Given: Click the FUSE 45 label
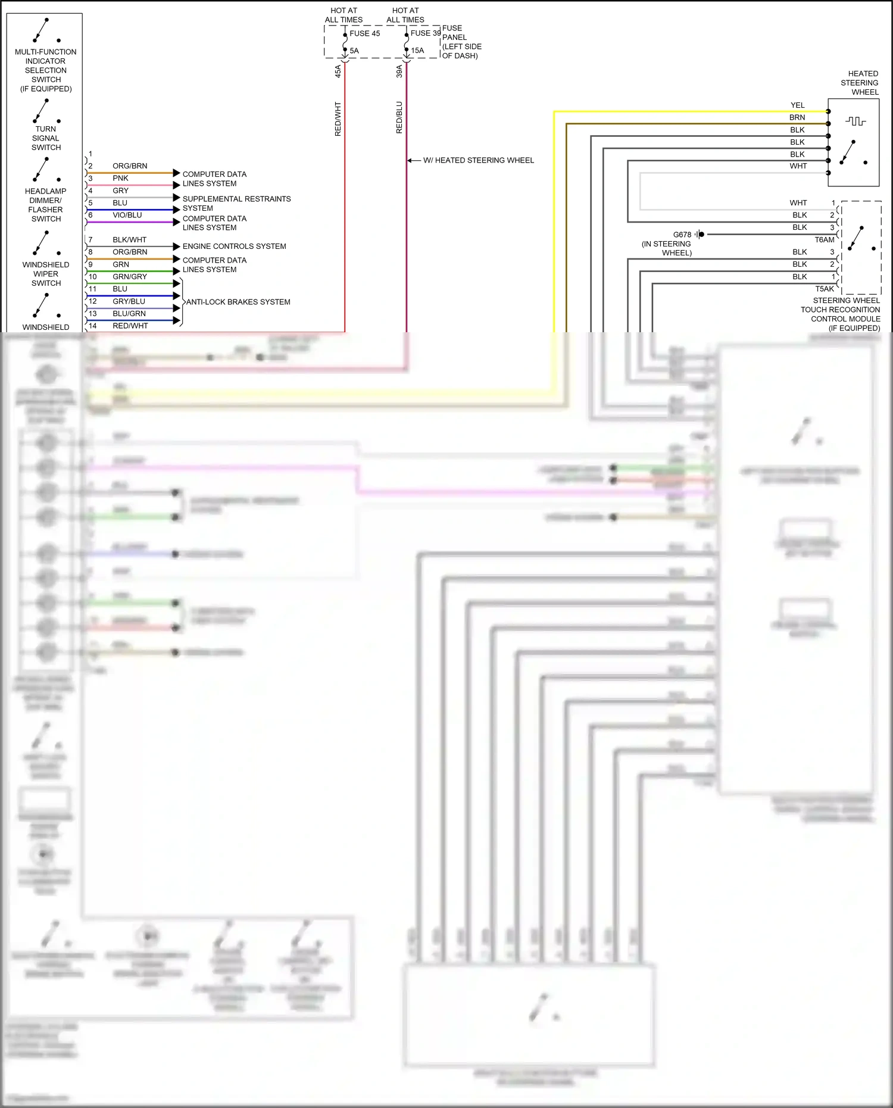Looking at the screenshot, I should click(364, 33).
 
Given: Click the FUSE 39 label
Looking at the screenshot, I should click(425, 33).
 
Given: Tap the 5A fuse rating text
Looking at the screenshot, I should click(354, 51).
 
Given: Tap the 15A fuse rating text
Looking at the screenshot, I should click(417, 51).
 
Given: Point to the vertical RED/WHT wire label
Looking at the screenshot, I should click(338, 119).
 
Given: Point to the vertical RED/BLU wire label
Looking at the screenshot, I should click(399, 117).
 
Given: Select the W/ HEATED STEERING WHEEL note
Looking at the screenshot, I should click(478, 160).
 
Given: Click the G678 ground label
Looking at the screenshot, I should click(682, 235).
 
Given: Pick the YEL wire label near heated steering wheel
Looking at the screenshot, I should click(797, 105).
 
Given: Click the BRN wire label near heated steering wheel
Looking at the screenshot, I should click(797, 117).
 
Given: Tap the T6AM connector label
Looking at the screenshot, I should click(824, 240).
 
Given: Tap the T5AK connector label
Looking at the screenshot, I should click(824, 289).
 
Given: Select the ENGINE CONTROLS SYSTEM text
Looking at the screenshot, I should click(234, 246).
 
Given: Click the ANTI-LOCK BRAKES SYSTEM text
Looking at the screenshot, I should click(238, 302).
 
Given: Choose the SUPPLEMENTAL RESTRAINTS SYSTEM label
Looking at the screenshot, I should click(236, 204).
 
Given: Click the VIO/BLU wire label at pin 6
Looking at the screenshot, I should click(127, 215).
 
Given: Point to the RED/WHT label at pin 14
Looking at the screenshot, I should click(130, 326).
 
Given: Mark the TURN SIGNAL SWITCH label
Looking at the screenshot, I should click(46, 138).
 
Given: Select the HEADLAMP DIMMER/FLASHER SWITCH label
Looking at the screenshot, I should click(46, 205).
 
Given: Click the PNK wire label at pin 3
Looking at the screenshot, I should click(120, 178).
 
